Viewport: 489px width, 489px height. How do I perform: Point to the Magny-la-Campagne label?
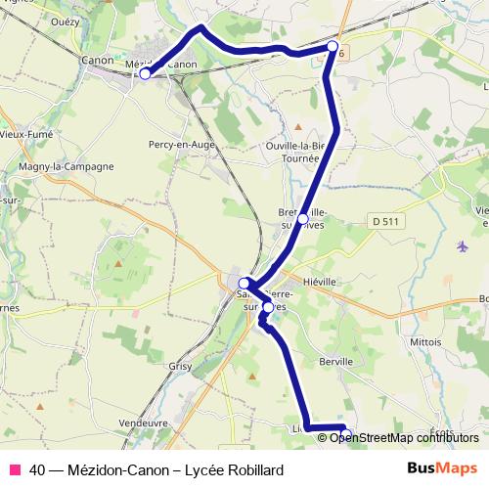click(66, 166)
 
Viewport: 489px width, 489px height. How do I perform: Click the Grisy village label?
click(179, 368)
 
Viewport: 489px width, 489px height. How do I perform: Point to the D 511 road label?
click(386, 222)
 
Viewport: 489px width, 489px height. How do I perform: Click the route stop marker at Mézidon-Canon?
click(145, 73)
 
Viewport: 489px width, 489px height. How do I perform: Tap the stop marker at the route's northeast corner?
click(333, 47)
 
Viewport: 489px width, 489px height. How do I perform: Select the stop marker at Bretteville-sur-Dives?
click(303, 218)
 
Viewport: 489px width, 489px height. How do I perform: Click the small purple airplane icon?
click(462, 245)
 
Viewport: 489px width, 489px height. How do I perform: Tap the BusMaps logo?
click(442, 468)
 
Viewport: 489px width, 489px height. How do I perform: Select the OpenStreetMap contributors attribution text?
click(404, 437)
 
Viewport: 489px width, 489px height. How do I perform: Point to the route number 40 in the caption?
click(37, 469)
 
